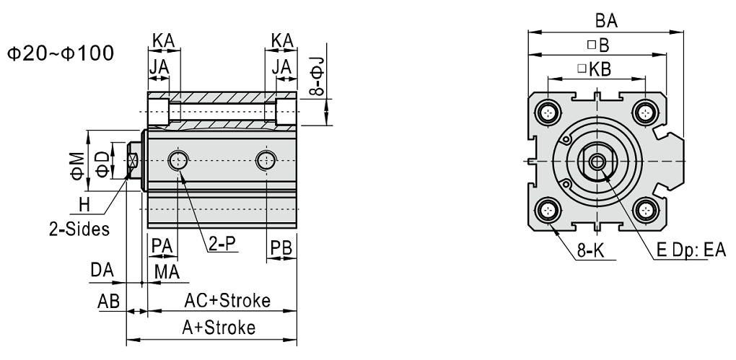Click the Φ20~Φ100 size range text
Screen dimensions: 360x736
tap(60, 55)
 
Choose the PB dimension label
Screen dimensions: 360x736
tap(280, 247)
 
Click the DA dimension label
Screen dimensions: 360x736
tap(101, 270)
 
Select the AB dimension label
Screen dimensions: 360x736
tap(108, 299)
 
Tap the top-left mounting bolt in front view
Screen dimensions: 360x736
tap(550, 112)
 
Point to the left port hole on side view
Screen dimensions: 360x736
tap(177, 160)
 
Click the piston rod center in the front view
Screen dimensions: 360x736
tap(597, 161)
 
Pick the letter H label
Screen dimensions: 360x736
tap(85, 206)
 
